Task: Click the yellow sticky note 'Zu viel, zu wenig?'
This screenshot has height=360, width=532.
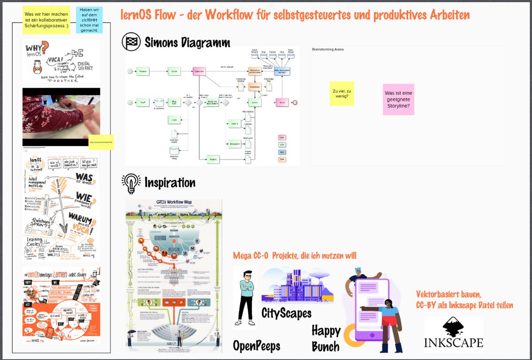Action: tap(342, 94)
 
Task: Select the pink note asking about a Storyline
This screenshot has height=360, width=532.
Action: tap(399, 99)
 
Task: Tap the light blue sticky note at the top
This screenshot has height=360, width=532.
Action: tap(89, 20)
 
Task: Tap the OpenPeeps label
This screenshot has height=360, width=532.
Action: tap(257, 346)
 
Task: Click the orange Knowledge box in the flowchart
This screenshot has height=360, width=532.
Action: tap(254, 87)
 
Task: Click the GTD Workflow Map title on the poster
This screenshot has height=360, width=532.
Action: tap(174, 203)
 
